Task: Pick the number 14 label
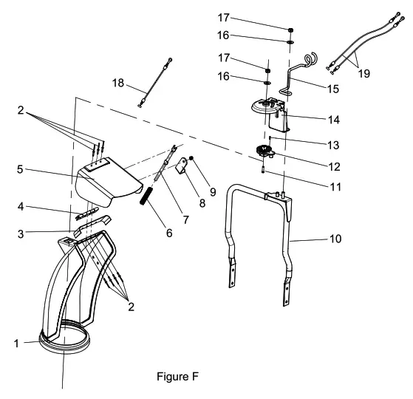click(315, 117)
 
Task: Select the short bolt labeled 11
click(264, 174)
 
